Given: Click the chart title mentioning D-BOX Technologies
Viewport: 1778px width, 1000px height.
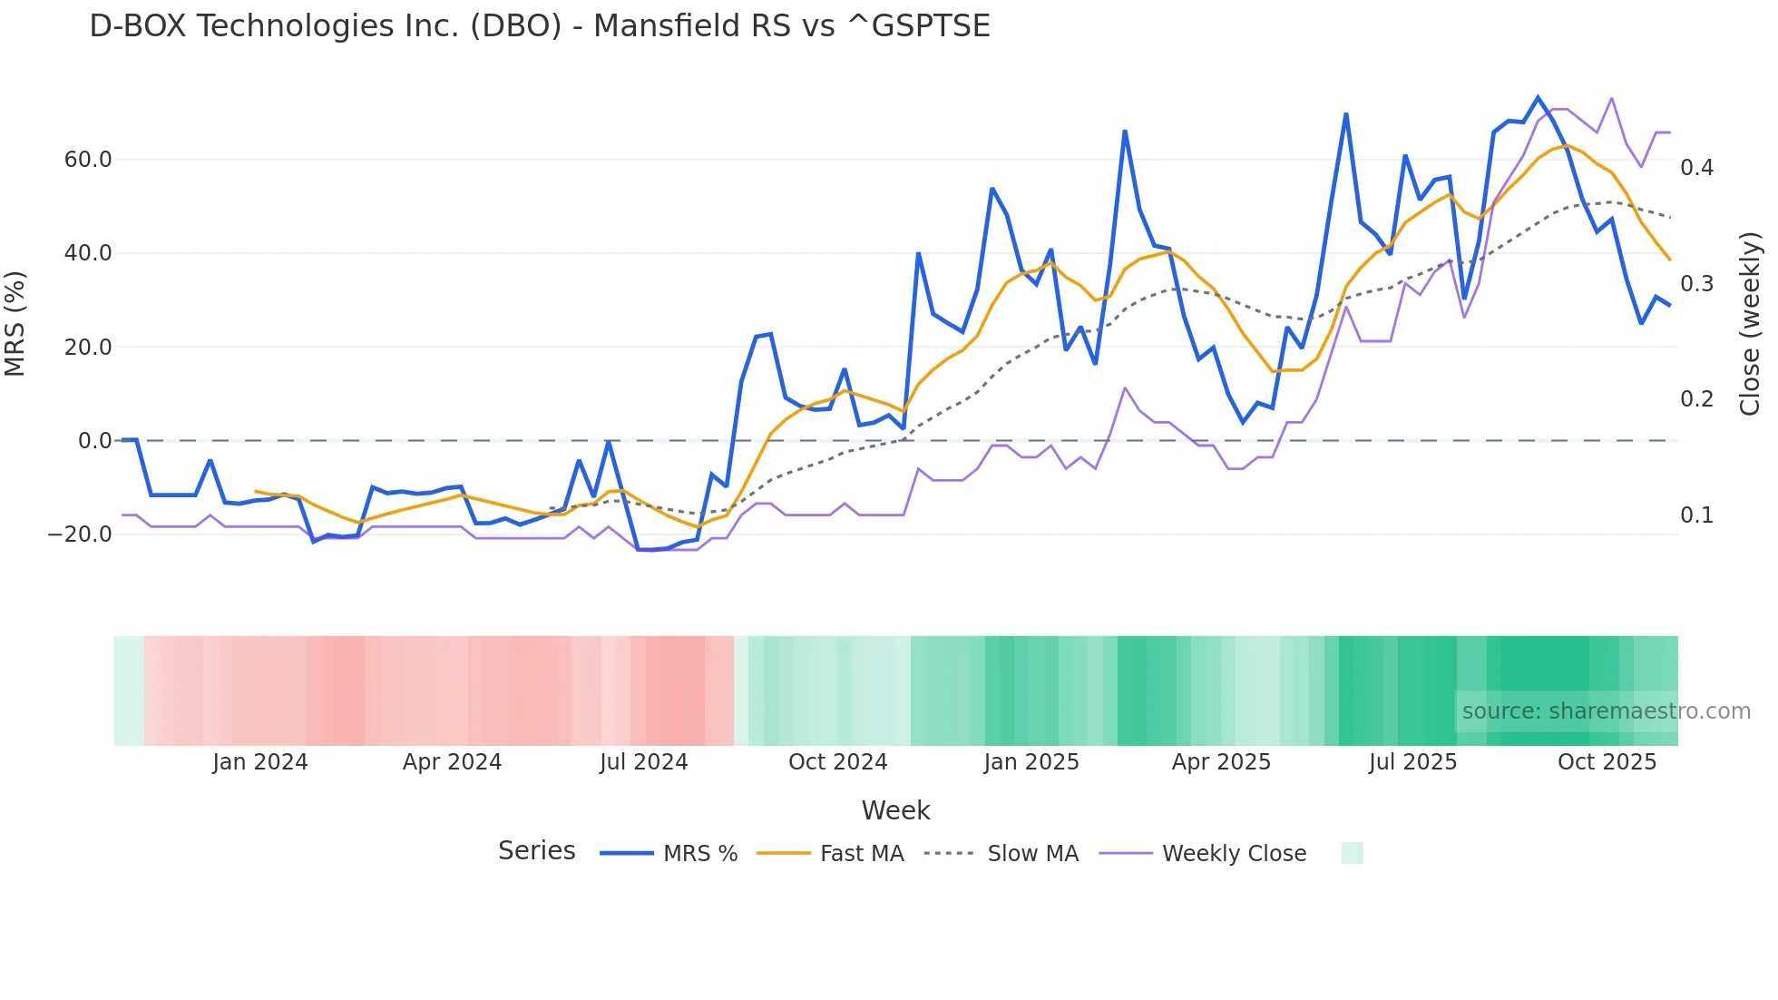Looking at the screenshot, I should point(539,26).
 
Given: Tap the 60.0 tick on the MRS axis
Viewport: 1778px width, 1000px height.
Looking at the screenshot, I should point(87,160).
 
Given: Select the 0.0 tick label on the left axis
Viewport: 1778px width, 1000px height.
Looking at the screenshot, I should point(94,441).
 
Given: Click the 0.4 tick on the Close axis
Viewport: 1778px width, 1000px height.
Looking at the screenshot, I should point(1696,168).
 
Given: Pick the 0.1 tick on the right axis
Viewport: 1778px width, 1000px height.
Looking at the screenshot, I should point(1696,515).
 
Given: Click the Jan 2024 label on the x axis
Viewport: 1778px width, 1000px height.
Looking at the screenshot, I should point(259,762).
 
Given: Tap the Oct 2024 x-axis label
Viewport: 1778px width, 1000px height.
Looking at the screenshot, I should point(837,762).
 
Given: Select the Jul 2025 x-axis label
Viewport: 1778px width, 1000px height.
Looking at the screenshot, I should point(1412,762).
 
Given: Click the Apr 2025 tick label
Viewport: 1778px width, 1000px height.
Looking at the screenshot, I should point(1221,762).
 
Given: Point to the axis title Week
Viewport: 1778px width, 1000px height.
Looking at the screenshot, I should point(895,810).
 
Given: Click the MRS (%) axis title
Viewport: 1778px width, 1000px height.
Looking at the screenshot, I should point(15,324).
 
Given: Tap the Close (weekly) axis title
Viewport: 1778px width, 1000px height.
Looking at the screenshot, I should point(1750,324).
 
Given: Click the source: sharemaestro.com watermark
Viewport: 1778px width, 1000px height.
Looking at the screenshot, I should point(1606,711).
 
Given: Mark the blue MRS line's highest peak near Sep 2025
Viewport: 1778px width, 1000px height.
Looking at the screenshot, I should point(1538,97).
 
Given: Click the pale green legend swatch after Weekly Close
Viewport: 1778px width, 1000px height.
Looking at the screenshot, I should point(1352,853).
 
